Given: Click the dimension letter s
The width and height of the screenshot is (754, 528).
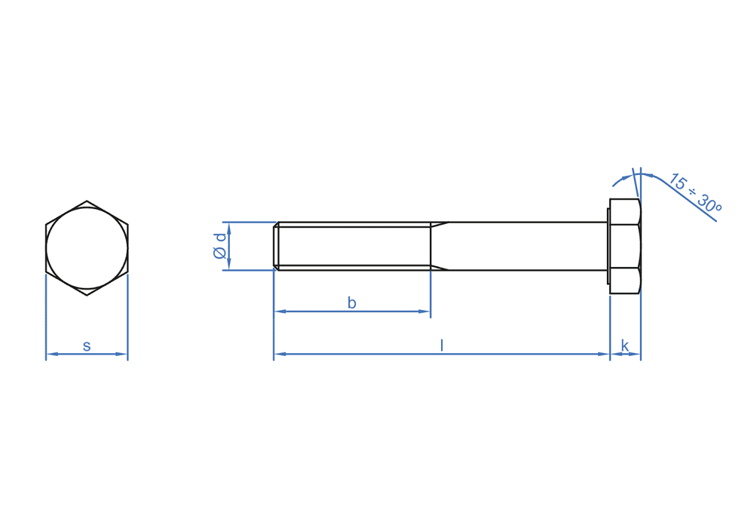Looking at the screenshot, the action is pos(87,345).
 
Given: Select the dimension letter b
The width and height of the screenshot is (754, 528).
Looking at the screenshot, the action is pos(351,302).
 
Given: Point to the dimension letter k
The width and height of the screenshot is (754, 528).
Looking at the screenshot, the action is pos(624,345).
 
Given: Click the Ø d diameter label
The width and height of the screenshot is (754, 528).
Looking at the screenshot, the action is pos(219,246).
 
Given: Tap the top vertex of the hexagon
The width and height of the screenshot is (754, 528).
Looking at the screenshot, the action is pos(87,201).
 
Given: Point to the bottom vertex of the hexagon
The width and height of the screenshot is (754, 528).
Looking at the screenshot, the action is pos(87,295).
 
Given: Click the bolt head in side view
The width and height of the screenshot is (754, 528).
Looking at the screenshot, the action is pos(625,246).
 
